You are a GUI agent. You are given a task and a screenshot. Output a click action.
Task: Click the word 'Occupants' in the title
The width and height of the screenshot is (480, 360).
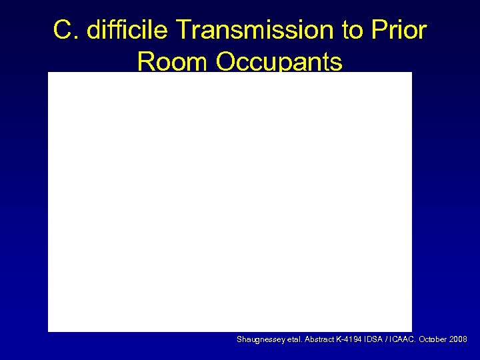pos(279,62)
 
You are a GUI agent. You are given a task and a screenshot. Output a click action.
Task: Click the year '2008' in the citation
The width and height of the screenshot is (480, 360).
pos(458,339)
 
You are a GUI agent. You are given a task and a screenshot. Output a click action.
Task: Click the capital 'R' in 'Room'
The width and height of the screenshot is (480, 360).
pos(146,62)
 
